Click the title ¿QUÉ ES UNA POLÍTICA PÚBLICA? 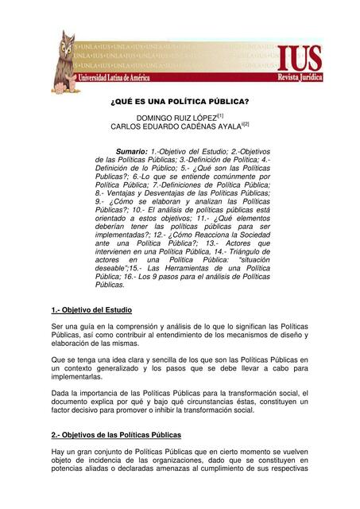pos(179,102)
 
